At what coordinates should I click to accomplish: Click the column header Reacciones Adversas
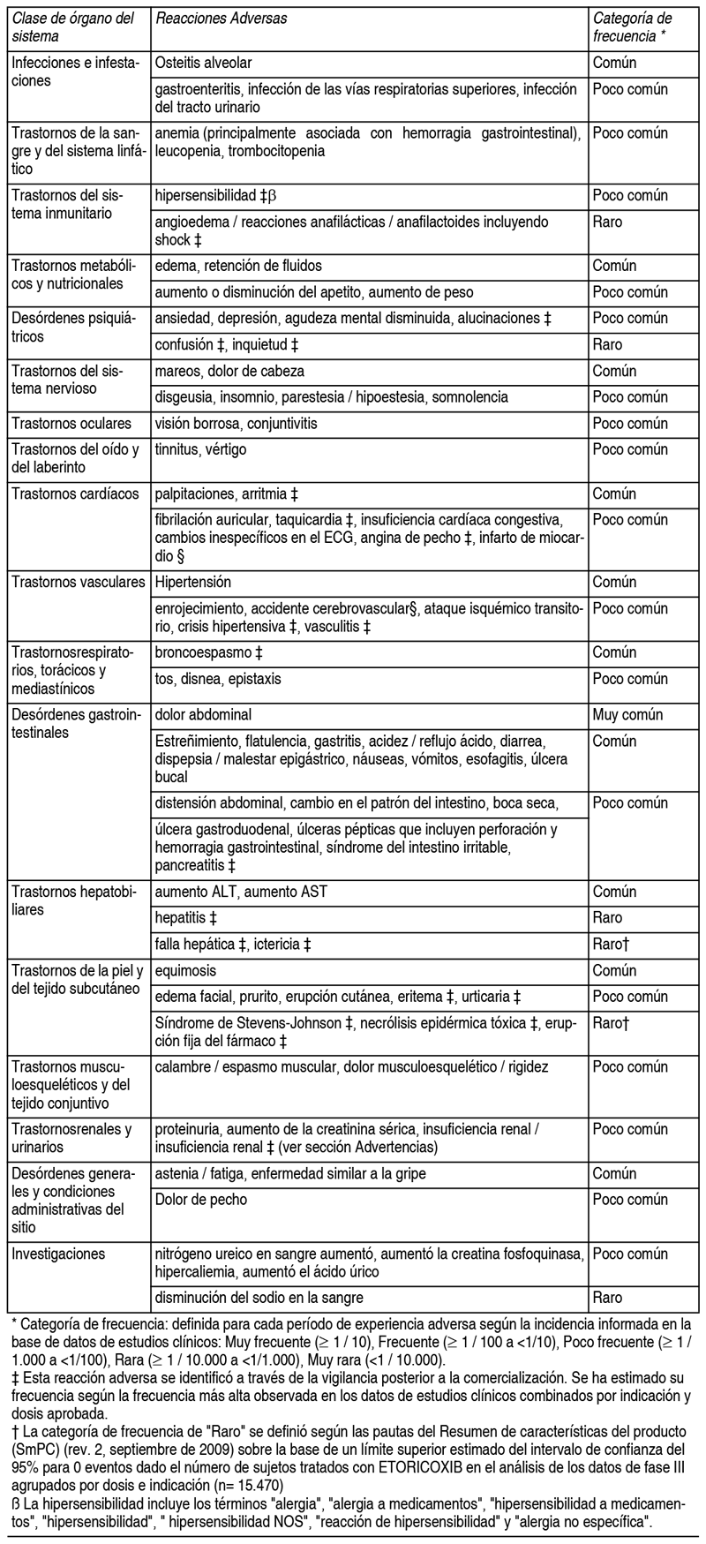pyautogui.click(x=221, y=19)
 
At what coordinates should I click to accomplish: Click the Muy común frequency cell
pyautogui.click(x=627, y=714)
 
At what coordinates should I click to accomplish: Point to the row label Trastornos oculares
pyautogui.click(x=71, y=424)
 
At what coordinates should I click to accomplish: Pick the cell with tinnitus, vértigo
pyautogui.click(x=201, y=450)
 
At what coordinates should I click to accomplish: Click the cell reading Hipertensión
pyautogui.click(x=192, y=582)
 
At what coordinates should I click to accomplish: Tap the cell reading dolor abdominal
pyautogui.click(x=202, y=714)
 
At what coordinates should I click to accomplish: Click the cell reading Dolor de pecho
pyautogui.click(x=201, y=1200)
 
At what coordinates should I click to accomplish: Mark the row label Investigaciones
pyautogui.click(x=57, y=1254)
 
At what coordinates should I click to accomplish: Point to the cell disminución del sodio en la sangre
pyautogui.click(x=259, y=1298)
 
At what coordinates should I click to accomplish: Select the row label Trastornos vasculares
pyautogui.click(x=78, y=582)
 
